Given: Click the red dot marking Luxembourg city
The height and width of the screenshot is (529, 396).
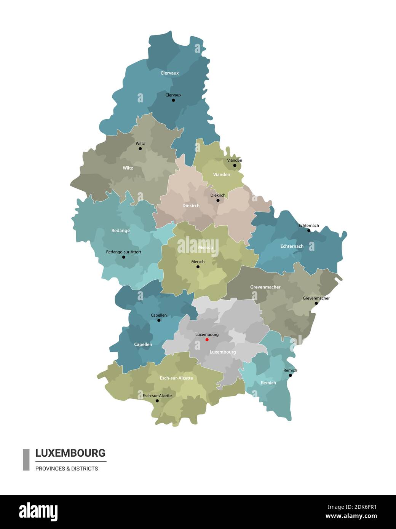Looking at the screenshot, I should (207, 339).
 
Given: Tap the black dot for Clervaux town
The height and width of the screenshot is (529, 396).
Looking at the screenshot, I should (173, 100).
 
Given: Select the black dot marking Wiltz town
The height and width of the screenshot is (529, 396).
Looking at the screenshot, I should (140, 148).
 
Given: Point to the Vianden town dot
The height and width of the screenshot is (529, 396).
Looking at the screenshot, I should (235, 165).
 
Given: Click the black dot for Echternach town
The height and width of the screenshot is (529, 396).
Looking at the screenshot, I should (309, 230).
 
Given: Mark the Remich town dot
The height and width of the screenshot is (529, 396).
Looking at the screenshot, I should (290, 375).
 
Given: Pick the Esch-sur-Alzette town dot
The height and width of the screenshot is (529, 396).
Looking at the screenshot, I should (157, 401).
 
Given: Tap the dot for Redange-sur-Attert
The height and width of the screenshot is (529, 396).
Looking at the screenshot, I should (123, 257).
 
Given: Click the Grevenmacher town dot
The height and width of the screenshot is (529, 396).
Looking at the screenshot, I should (316, 303).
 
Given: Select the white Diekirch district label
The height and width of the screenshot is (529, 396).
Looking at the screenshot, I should (191, 206).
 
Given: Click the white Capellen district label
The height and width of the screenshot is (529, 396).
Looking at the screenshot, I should (143, 344).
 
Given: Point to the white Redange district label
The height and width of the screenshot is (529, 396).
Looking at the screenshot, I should (120, 231).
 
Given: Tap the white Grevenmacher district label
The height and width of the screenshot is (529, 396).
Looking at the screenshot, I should (265, 287).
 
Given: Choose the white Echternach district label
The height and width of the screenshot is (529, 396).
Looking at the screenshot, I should (292, 246).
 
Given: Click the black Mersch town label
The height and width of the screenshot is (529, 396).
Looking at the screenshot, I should (198, 262).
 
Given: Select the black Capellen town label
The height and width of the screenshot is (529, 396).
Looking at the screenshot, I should (158, 315).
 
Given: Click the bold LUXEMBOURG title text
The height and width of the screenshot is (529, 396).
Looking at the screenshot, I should (70, 453).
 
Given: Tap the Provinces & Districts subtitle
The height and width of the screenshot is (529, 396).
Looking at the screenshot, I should (67, 468).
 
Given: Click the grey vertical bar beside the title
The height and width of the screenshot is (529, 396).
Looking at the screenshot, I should (26, 460).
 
